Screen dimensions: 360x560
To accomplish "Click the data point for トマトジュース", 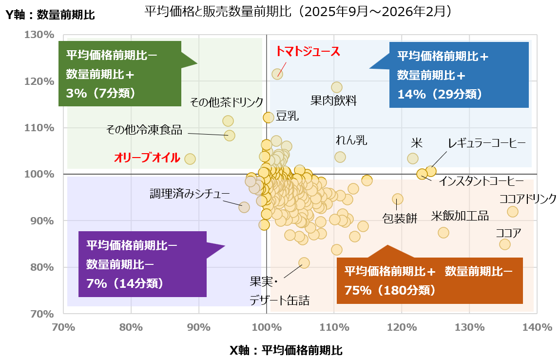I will [277, 74].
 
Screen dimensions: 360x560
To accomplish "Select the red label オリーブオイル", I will [147, 158].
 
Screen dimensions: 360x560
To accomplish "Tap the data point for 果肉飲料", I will [337, 87].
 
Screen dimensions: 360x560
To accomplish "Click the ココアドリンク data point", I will [513, 212].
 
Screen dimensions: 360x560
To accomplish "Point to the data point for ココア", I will [505, 244].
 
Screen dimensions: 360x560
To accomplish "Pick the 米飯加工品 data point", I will [444, 233].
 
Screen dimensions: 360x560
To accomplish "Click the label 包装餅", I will [400, 218].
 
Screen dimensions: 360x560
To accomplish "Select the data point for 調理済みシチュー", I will [244, 207].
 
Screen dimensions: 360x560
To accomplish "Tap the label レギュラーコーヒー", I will [487, 143].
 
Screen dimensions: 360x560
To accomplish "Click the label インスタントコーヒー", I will [478, 181].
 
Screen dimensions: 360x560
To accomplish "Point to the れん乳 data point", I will [340, 157].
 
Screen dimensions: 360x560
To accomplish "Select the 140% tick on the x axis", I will [537, 327].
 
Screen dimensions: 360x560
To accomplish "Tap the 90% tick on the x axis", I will [199, 327].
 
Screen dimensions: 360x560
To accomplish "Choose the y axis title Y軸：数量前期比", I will [50, 15].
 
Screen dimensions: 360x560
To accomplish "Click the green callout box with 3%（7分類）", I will [120, 73].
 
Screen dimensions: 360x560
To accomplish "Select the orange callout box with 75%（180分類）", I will [429, 280].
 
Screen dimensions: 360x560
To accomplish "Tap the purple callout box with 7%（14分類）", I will [142, 263].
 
